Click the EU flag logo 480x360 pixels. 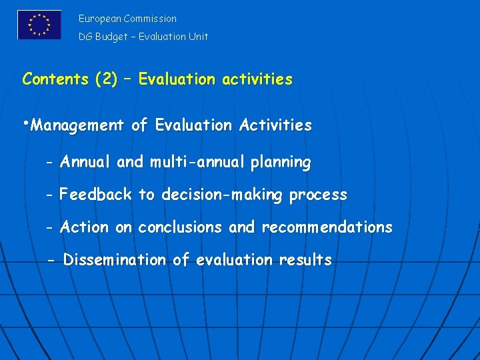pos(39,25)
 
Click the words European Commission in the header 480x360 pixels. pos(127,19)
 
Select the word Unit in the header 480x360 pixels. pos(197,37)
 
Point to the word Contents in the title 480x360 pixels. pos(55,79)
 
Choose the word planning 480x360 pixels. pos(281,163)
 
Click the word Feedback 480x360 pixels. pos(96,195)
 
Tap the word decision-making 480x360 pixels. pos(219,195)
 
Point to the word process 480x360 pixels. pos(318,195)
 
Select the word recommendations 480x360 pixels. pos(327,227)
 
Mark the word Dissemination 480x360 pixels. pos(114,260)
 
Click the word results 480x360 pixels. pos(305,260)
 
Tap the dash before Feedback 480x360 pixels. pos(50,195)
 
